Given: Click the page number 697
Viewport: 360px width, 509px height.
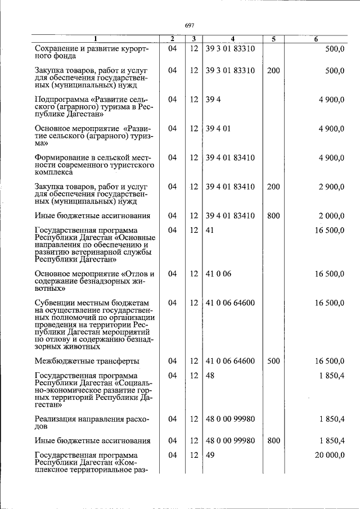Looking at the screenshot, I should pyautogui.click(x=190, y=25).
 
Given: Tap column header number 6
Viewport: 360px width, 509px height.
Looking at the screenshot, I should pyautogui.click(x=316, y=39).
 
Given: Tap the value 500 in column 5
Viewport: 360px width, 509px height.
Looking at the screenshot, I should pyautogui.click(x=273, y=361).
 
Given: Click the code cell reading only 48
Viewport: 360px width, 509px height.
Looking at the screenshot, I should pyautogui.click(x=210, y=375).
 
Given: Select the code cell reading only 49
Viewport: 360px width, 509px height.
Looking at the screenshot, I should pyautogui.click(x=210, y=455).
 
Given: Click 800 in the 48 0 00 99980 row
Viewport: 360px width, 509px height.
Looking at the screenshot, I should pyautogui.click(x=273, y=440).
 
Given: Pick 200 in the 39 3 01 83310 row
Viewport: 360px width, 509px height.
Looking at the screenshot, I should pyautogui.click(x=273, y=70).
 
